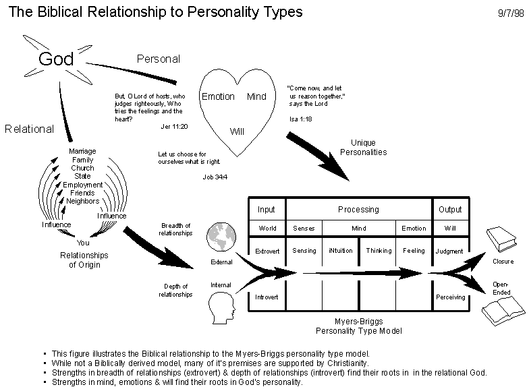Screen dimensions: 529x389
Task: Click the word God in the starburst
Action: [56, 59]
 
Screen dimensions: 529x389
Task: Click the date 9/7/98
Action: [511, 13]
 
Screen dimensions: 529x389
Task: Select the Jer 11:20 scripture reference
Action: [174, 127]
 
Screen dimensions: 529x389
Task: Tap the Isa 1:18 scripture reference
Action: [301, 119]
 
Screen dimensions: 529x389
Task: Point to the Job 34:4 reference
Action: [215, 177]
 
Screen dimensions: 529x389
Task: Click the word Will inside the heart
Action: [237, 131]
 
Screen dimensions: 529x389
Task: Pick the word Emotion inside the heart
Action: [218, 96]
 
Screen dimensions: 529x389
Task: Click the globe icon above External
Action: [221, 237]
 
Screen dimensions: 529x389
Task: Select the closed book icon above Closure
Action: [501, 239]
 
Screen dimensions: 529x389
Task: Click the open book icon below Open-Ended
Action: [503, 311]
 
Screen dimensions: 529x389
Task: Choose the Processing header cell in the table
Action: [359, 209]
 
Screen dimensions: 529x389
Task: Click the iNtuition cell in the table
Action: [340, 251]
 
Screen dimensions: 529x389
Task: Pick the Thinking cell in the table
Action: [379, 251]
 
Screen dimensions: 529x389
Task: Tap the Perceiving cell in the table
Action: [451, 297]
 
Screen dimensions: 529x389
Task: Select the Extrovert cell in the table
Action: [267, 251]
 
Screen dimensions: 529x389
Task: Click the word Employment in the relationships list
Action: [82, 185]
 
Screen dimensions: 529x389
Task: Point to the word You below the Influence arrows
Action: [83, 243]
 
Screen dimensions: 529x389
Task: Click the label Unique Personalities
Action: [363, 147]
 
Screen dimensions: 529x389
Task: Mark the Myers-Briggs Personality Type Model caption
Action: [359, 326]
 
